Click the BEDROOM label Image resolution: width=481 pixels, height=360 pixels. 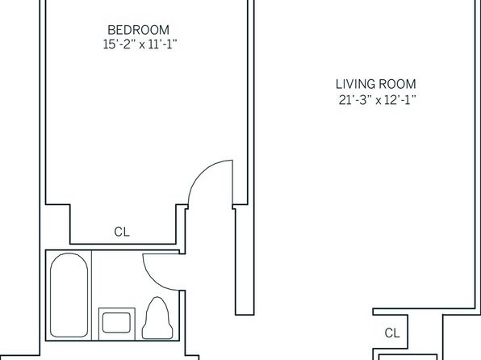pyautogui.click(x=138, y=30)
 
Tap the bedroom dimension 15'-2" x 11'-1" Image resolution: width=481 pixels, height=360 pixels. pyautogui.click(x=140, y=45)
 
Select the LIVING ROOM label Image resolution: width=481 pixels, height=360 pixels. pyautogui.click(x=376, y=84)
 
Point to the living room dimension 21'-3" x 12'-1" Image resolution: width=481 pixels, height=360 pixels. pyautogui.click(x=378, y=100)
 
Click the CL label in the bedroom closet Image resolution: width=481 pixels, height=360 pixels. pyautogui.click(x=122, y=232)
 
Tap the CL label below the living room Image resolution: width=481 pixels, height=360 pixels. pyautogui.click(x=392, y=333)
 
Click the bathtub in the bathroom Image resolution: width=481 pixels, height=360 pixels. pyautogui.click(x=69, y=295)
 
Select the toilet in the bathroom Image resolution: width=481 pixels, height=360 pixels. pyautogui.click(x=157, y=318)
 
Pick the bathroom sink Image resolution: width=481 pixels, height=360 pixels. pyautogui.click(x=116, y=324)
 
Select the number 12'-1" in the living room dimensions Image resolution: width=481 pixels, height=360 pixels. pyautogui.click(x=400, y=100)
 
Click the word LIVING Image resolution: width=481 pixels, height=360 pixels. pyautogui.click(x=354, y=84)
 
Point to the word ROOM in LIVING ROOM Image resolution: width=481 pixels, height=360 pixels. pyautogui.click(x=398, y=84)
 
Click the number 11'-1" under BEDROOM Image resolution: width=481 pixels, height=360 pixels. pyautogui.click(x=163, y=45)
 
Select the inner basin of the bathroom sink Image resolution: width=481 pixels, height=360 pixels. pyautogui.click(x=116, y=323)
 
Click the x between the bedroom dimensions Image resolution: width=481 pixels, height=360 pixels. pyautogui.click(x=142, y=45)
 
